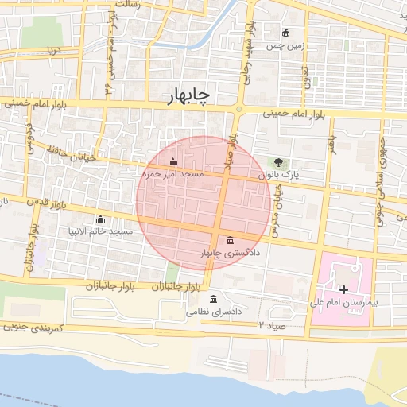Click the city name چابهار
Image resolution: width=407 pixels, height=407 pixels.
(189, 96)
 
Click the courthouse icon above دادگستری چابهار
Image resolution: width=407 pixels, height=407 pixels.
(231, 240)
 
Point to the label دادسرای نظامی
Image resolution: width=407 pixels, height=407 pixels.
(214, 312)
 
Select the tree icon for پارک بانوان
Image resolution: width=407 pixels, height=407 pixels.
(277, 162)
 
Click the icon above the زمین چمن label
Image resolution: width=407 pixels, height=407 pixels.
(286, 33)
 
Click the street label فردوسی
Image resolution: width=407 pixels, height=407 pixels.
(30, 136)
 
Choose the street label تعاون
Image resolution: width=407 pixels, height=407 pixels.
(306, 76)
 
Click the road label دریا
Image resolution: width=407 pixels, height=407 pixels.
(53, 49)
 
